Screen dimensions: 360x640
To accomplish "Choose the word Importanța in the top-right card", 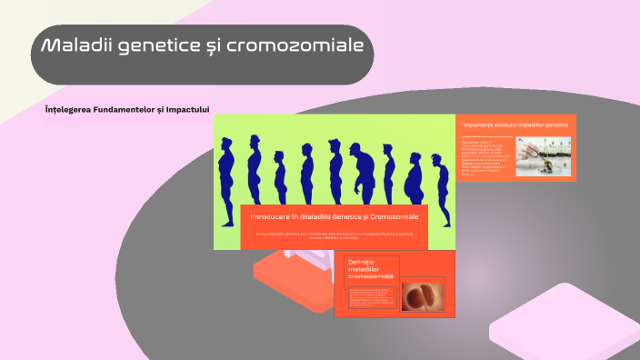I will pyautogui.click(x=481, y=125).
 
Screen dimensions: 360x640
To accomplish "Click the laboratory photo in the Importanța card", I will pyautogui.click(x=543, y=155).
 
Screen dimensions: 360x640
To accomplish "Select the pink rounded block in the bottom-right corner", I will pyautogui.click(x=564, y=323).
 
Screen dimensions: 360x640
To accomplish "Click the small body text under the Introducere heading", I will pyautogui.click(x=334, y=236).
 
